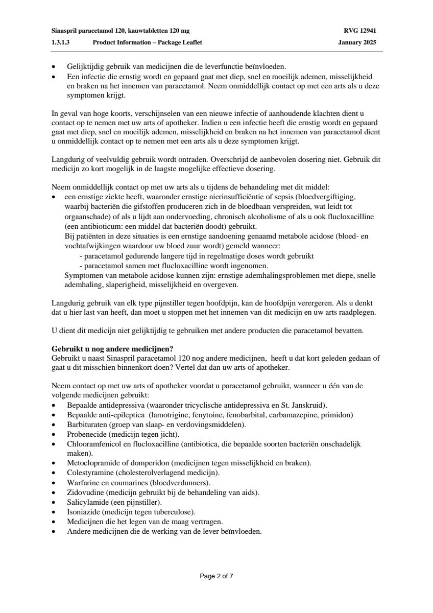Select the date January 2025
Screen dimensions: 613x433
pyautogui.click(x=357, y=42)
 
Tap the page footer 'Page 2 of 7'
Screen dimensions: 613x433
pyautogui.click(x=216, y=576)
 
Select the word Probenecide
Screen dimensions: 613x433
pyautogui.click(x=83, y=434)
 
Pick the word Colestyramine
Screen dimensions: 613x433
pyautogui.click(x=88, y=473)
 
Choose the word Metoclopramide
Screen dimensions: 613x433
pyautogui.click(x=93, y=463)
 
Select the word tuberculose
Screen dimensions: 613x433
pyautogui.click(x=176, y=512)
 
